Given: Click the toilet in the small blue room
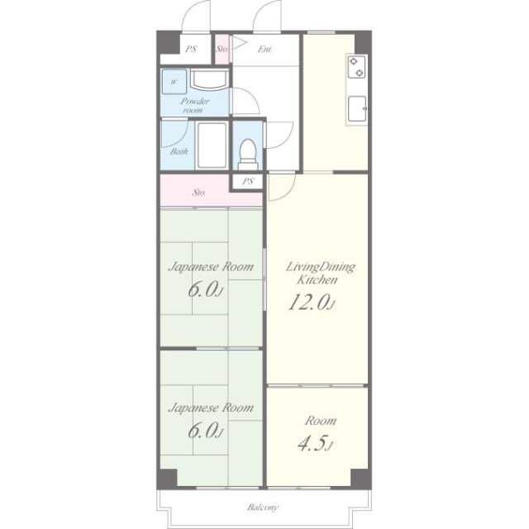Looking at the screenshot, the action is coord(248,155).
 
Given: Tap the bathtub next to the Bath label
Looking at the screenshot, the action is coord(212,145).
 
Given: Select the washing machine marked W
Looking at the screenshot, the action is coord(174,82).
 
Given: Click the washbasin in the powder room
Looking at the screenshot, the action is coord(209,80).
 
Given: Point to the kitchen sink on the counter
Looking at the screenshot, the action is coord(357,108).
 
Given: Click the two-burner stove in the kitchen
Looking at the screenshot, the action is coord(356,67).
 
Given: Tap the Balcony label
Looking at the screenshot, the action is coord(263,507).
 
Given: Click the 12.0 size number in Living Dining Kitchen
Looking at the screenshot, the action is coord(312,302).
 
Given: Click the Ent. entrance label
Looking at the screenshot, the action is coord(265,50).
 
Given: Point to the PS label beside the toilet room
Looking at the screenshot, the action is coord(248,182).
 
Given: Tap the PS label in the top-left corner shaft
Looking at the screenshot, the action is coord(191,50).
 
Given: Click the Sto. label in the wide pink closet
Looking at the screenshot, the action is coord(199,193).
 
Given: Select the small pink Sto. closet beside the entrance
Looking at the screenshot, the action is coord(222,50).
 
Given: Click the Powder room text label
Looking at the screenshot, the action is coord(195,105).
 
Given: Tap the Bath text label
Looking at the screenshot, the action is coord(179,151).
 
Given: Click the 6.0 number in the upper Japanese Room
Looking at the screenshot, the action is coord(205,289).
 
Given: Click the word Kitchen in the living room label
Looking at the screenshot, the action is coord(317,279).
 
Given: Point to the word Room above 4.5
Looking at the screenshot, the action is coord(321,421).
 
